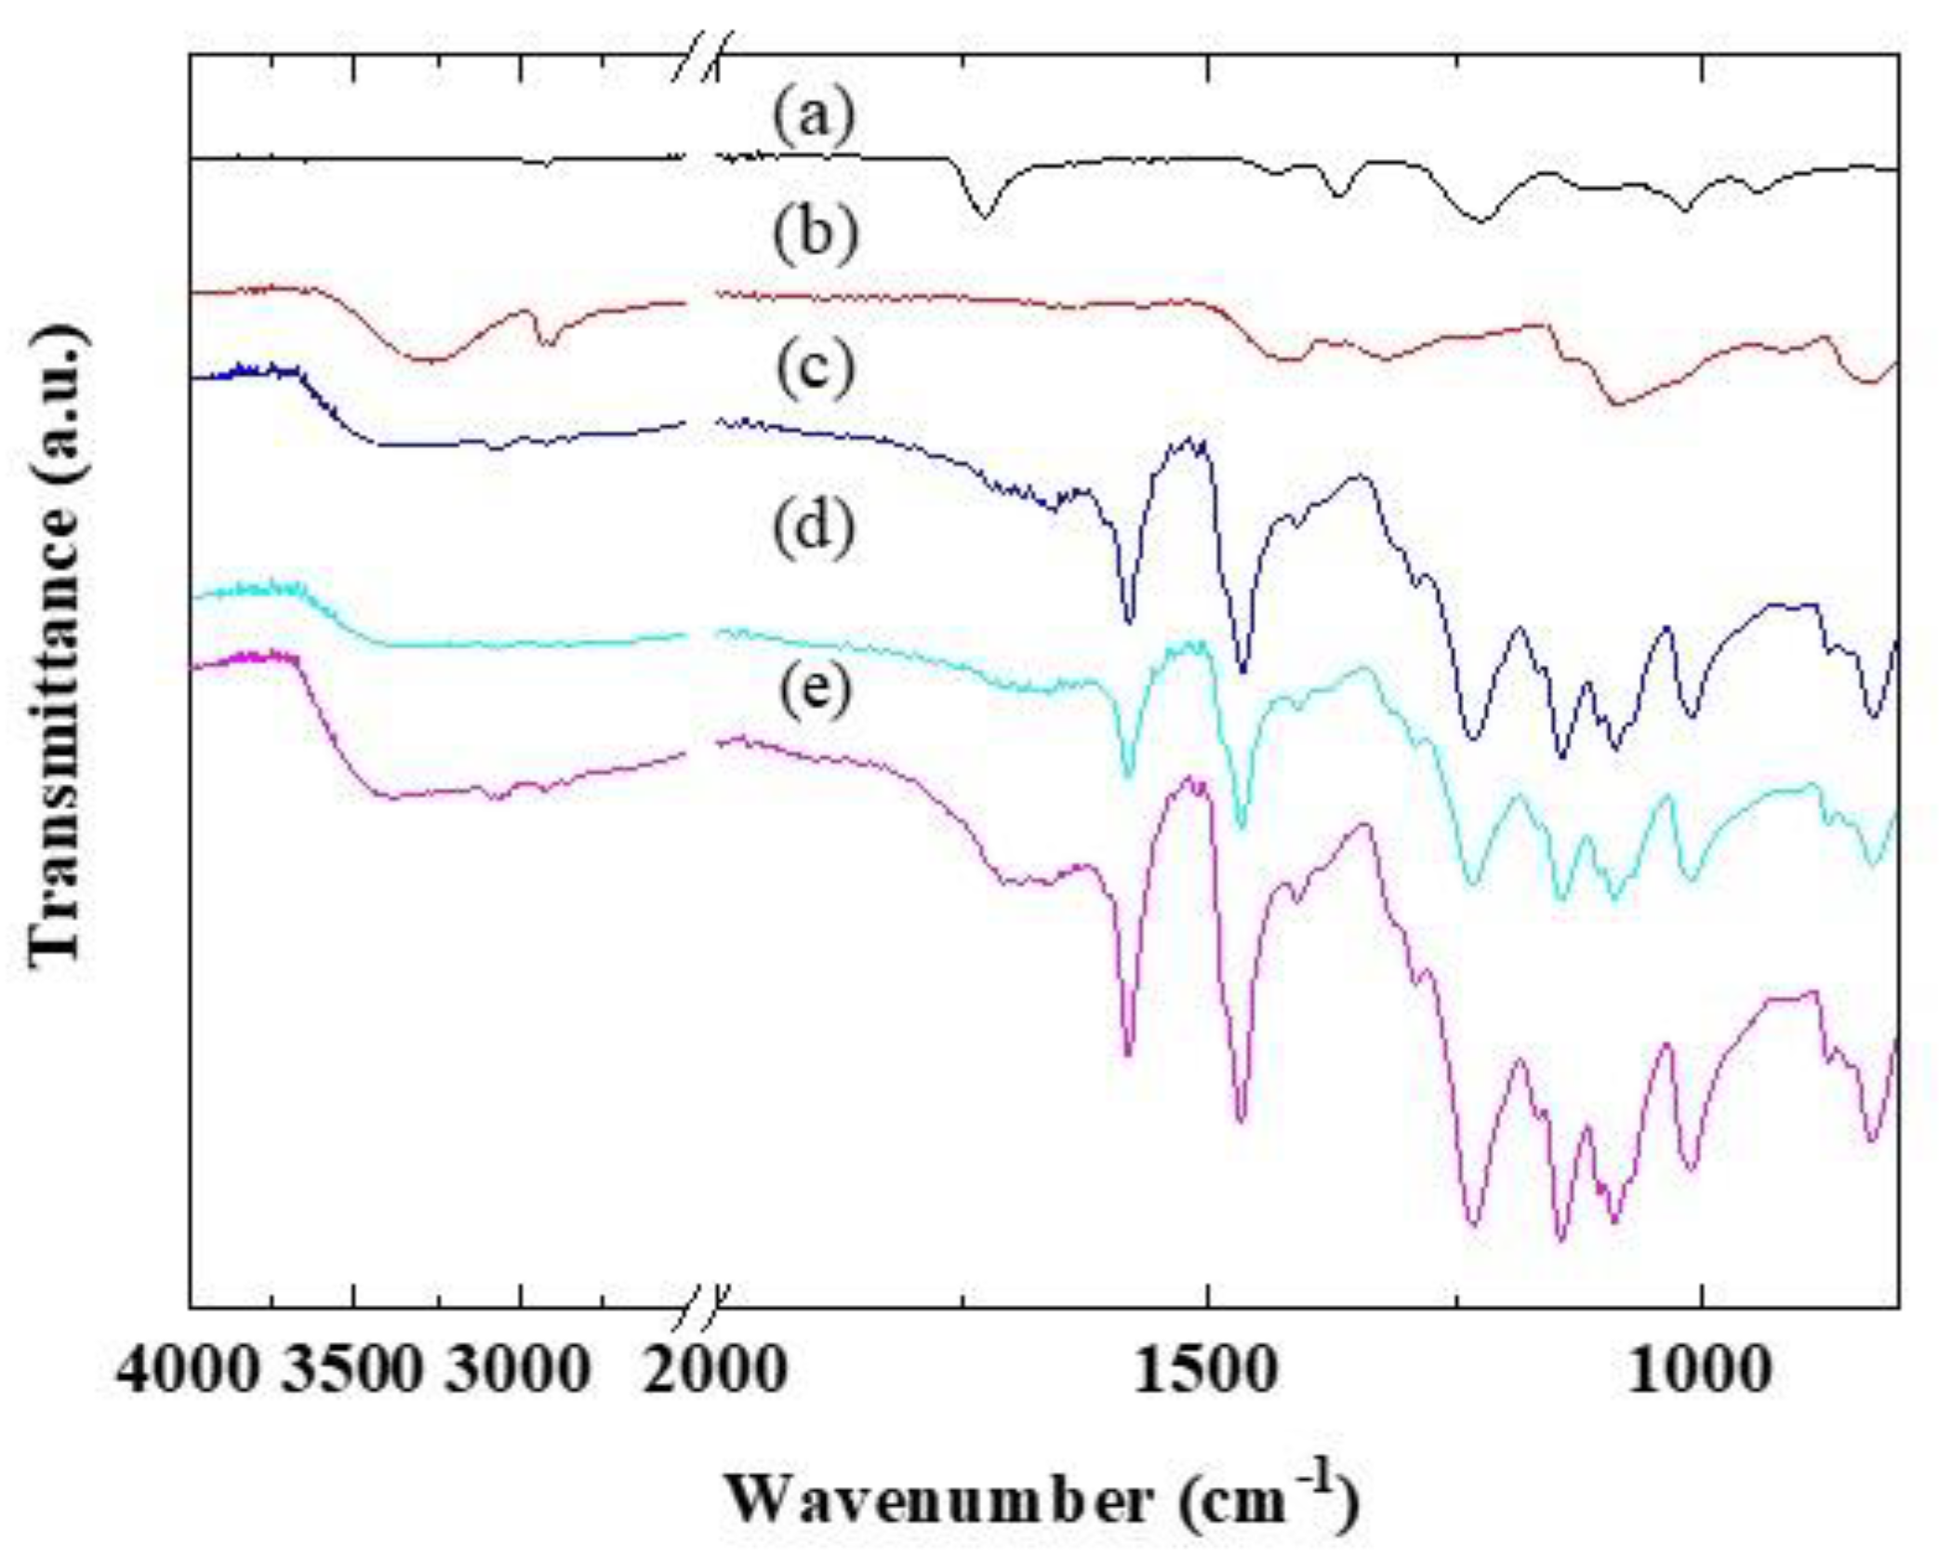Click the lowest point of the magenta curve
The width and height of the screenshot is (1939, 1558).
pyautogui.click(x=1561, y=1241)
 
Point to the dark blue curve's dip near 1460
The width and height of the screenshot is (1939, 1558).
pyautogui.click(x=1242, y=672)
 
